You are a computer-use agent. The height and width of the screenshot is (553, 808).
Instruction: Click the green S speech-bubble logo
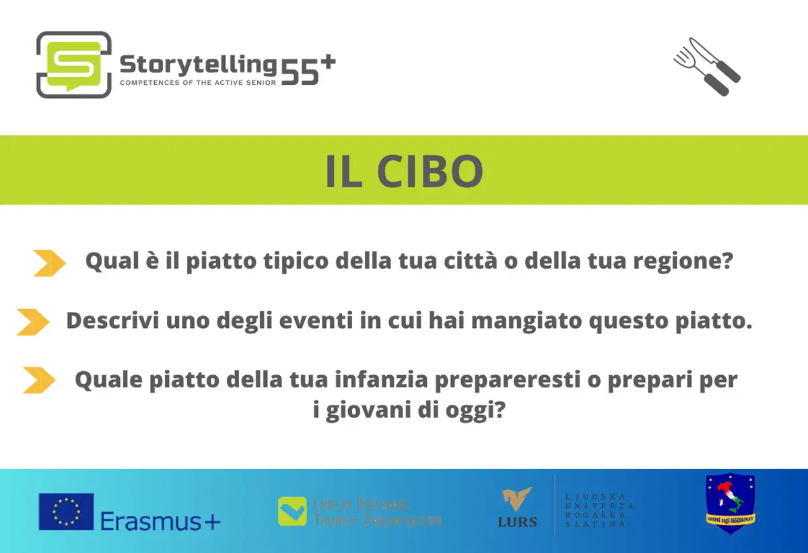tap(74, 65)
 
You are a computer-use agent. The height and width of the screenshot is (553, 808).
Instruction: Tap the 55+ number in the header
tap(308, 70)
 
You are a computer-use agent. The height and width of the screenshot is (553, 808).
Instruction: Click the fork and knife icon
tap(707, 67)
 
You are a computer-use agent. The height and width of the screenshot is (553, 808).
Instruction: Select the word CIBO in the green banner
tap(430, 171)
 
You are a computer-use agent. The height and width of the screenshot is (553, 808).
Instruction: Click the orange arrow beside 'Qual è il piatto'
tap(49, 263)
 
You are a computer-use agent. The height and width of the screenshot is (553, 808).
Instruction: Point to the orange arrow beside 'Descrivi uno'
tap(33, 322)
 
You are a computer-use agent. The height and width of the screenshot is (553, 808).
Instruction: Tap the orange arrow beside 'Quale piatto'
tap(39, 380)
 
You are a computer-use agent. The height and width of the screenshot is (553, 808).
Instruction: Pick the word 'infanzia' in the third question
tap(381, 379)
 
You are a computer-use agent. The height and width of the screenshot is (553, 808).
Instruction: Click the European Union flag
tap(67, 511)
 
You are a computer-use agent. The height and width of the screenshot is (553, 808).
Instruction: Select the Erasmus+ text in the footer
tap(160, 521)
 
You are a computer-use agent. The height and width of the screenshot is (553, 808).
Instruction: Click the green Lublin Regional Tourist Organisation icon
tap(292, 511)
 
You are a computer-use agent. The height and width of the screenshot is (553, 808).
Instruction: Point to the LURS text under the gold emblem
tap(517, 522)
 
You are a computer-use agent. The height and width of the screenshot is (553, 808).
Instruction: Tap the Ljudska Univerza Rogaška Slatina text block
tap(599, 511)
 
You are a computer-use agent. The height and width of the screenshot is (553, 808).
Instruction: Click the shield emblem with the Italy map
tap(731, 504)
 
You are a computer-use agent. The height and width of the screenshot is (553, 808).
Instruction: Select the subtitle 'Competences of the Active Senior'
tap(198, 83)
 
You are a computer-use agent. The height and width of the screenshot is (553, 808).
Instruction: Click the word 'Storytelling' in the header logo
tap(198, 65)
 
